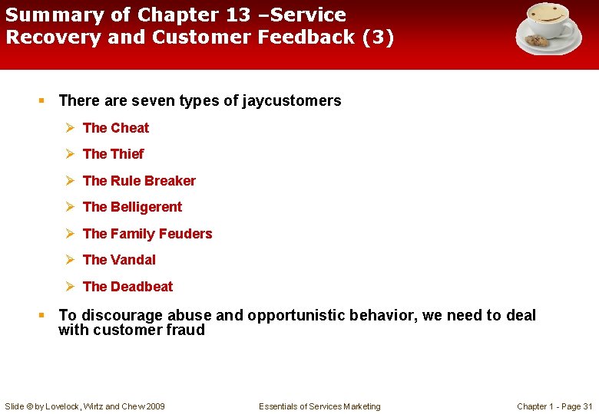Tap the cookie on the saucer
tap(537, 41)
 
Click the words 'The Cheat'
tap(116, 128)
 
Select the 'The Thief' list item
tap(113, 154)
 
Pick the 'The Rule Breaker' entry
tap(139, 181)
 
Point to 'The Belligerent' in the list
tap(132, 207)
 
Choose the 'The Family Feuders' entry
tap(147, 234)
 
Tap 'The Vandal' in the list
tap(119, 260)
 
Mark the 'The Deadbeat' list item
tap(127, 287)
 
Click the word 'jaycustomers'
tap(291, 100)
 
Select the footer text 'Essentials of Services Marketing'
tap(319, 406)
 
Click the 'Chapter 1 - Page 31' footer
tap(554, 406)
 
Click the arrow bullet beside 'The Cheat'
tap(69, 128)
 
